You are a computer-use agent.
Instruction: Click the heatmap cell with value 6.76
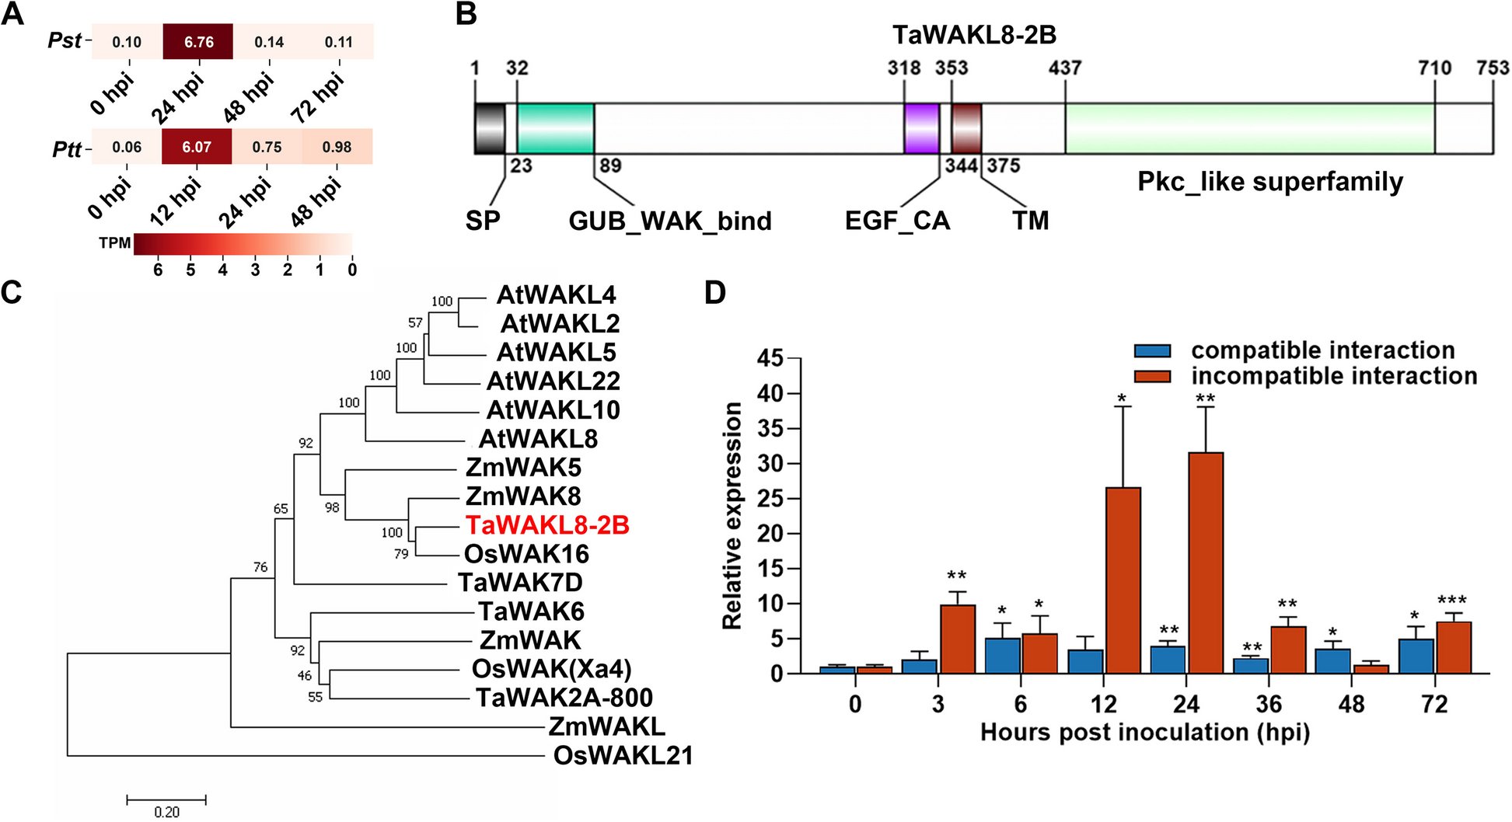click(197, 42)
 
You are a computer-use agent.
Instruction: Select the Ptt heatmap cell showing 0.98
click(337, 147)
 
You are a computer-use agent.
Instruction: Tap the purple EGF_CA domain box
click(921, 128)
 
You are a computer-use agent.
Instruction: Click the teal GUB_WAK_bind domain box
click(555, 128)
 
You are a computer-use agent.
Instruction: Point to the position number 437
click(1064, 68)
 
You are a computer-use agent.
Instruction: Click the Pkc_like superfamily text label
click(1270, 182)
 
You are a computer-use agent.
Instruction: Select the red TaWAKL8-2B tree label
click(547, 525)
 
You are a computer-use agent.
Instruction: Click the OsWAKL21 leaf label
click(623, 755)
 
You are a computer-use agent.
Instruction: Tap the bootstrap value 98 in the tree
click(332, 507)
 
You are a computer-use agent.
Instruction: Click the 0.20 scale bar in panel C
click(166, 799)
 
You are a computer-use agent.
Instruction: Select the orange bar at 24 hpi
click(1206, 563)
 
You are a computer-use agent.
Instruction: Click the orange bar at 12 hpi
click(1123, 580)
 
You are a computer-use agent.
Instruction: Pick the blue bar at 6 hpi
click(1002, 656)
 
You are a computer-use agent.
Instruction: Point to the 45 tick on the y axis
click(770, 358)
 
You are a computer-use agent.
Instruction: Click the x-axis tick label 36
click(1269, 704)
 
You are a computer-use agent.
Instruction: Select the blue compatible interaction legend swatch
click(1152, 351)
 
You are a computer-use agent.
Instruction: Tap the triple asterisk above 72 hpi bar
click(1451, 601)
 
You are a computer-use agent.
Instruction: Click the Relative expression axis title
click(732, 515)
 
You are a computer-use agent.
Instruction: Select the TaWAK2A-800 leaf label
click(564, 698)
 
